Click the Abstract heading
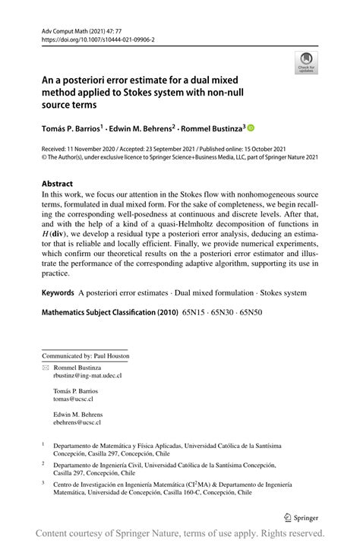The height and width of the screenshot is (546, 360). point(58,184)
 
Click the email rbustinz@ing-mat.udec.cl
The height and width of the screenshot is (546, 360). point(87,375)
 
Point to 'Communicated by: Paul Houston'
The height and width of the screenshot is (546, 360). point(85,355)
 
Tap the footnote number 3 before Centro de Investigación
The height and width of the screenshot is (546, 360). point(43,482)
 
